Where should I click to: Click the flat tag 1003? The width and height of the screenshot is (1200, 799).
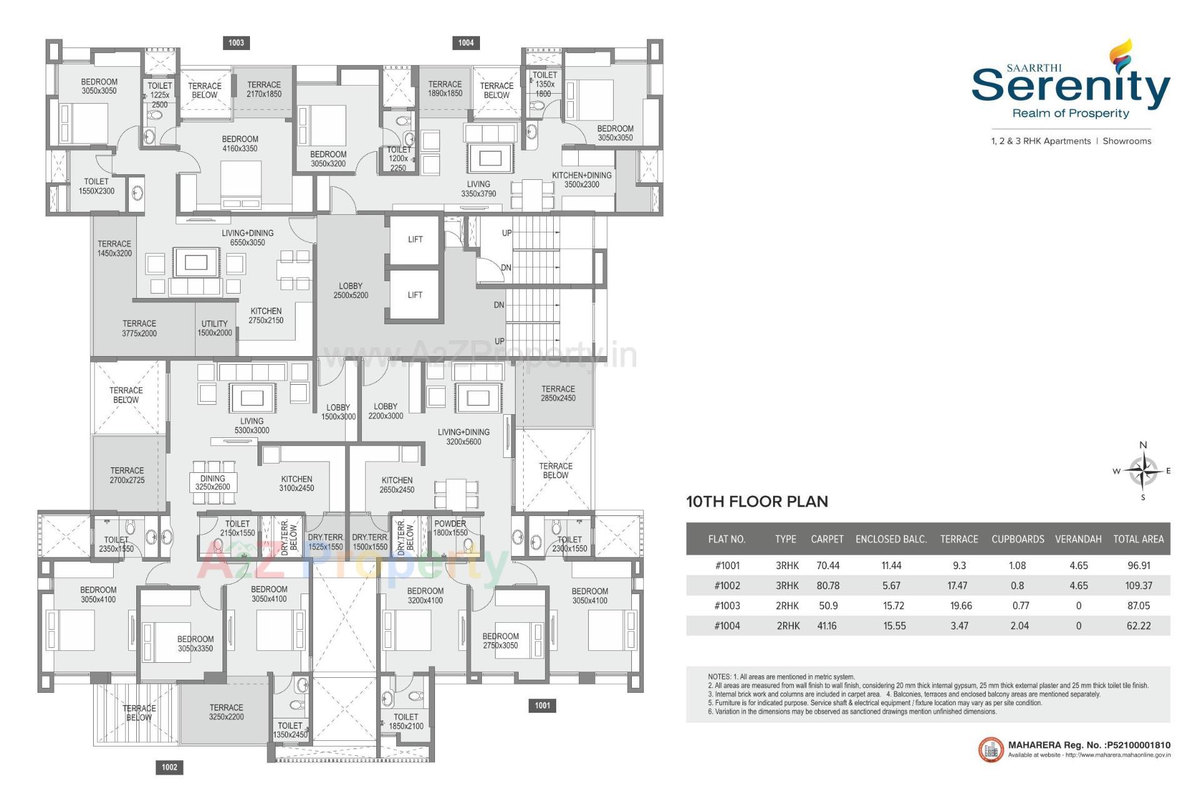coord(236,42)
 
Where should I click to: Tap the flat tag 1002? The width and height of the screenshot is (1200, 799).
coord(169,767)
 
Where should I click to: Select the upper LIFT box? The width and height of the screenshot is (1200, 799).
coord(415,239)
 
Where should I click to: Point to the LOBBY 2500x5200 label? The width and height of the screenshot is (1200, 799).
coord(351,290)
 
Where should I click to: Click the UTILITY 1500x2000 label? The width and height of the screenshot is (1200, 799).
coord(214,328)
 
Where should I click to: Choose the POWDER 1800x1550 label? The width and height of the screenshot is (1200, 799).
coord(450,528)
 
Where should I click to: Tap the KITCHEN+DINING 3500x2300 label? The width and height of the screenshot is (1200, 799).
coord(581,180)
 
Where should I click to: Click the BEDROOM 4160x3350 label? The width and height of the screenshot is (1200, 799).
coord(240,144)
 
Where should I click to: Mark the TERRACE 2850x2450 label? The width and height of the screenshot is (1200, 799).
coord(558,393)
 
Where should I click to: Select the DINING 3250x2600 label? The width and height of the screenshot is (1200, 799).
coord(212,482)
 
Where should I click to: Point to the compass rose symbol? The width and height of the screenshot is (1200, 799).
coord(1143,471)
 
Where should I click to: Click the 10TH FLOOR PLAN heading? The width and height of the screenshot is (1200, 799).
coord(757,502)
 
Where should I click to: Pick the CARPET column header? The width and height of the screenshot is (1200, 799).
coord(827,539)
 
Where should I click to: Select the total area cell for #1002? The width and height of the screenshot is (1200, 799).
coord(1138,585)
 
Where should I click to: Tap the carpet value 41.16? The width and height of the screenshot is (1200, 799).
coord(827,625)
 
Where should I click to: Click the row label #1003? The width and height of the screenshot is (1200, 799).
coord(727,605)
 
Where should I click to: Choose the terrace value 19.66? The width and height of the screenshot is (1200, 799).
coord(959,605)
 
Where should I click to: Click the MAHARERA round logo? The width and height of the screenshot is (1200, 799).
coord(991,750)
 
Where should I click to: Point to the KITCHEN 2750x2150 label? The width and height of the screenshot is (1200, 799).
coord(266,315)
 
